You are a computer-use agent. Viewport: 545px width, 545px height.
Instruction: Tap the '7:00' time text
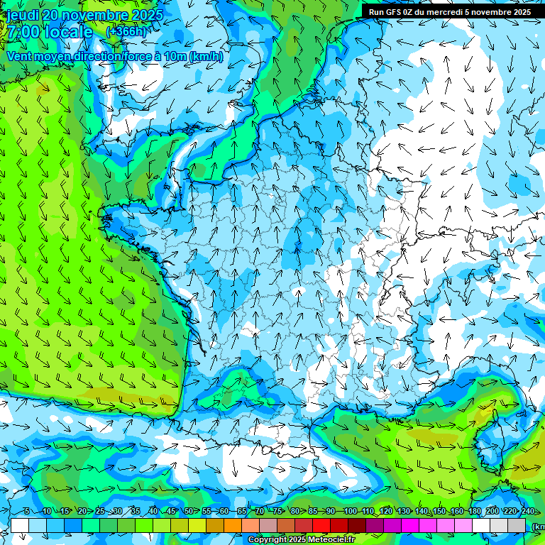(23, 32)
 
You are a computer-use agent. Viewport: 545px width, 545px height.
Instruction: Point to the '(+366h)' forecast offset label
(126, 31)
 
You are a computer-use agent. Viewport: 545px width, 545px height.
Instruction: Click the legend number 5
(26, 512)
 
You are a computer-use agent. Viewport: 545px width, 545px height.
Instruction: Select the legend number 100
(350, 512)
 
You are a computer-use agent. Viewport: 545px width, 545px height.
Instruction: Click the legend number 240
(528, 512)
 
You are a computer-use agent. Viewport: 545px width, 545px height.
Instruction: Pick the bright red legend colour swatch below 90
(321, 525)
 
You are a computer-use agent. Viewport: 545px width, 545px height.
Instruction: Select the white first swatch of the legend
(20, 525)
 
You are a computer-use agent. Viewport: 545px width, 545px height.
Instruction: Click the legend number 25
(100, 512)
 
